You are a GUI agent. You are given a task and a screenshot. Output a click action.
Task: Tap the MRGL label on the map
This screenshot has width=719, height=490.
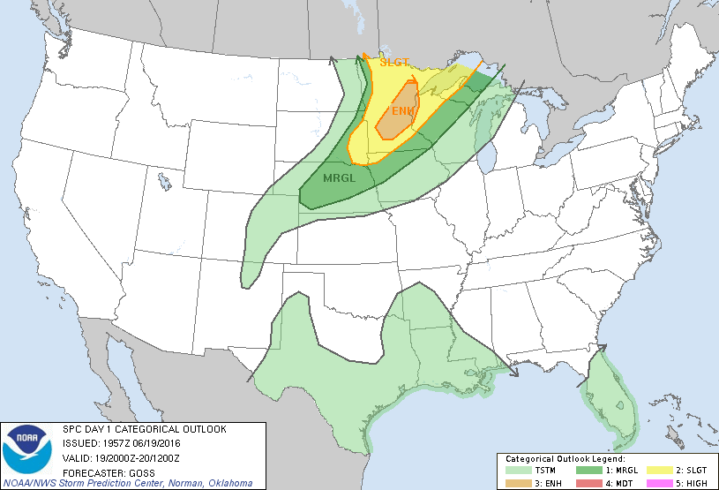tap(340, 177)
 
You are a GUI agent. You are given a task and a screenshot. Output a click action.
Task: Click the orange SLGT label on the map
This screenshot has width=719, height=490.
tap(394, 62)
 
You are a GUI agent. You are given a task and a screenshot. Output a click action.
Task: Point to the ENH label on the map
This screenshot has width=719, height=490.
tap(402, 110)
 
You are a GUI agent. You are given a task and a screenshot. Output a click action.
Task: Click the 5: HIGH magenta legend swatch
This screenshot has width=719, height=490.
tap(658, 482)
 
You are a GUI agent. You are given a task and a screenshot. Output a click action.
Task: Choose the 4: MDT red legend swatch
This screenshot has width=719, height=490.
tap(588, 482)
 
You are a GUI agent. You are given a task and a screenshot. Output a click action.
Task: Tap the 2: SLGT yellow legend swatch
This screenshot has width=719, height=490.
tap(658, 471)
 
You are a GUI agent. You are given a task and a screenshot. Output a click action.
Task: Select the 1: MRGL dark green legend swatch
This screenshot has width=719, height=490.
tap(588, 471)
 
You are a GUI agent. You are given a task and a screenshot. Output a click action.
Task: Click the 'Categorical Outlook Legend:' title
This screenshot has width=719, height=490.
tap(565, 459)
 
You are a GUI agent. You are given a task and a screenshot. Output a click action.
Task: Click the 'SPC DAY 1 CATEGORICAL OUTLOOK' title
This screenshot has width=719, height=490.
tap(144, 429)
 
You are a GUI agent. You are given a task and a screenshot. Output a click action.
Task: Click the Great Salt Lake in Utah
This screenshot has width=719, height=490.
tap(166, 182)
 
